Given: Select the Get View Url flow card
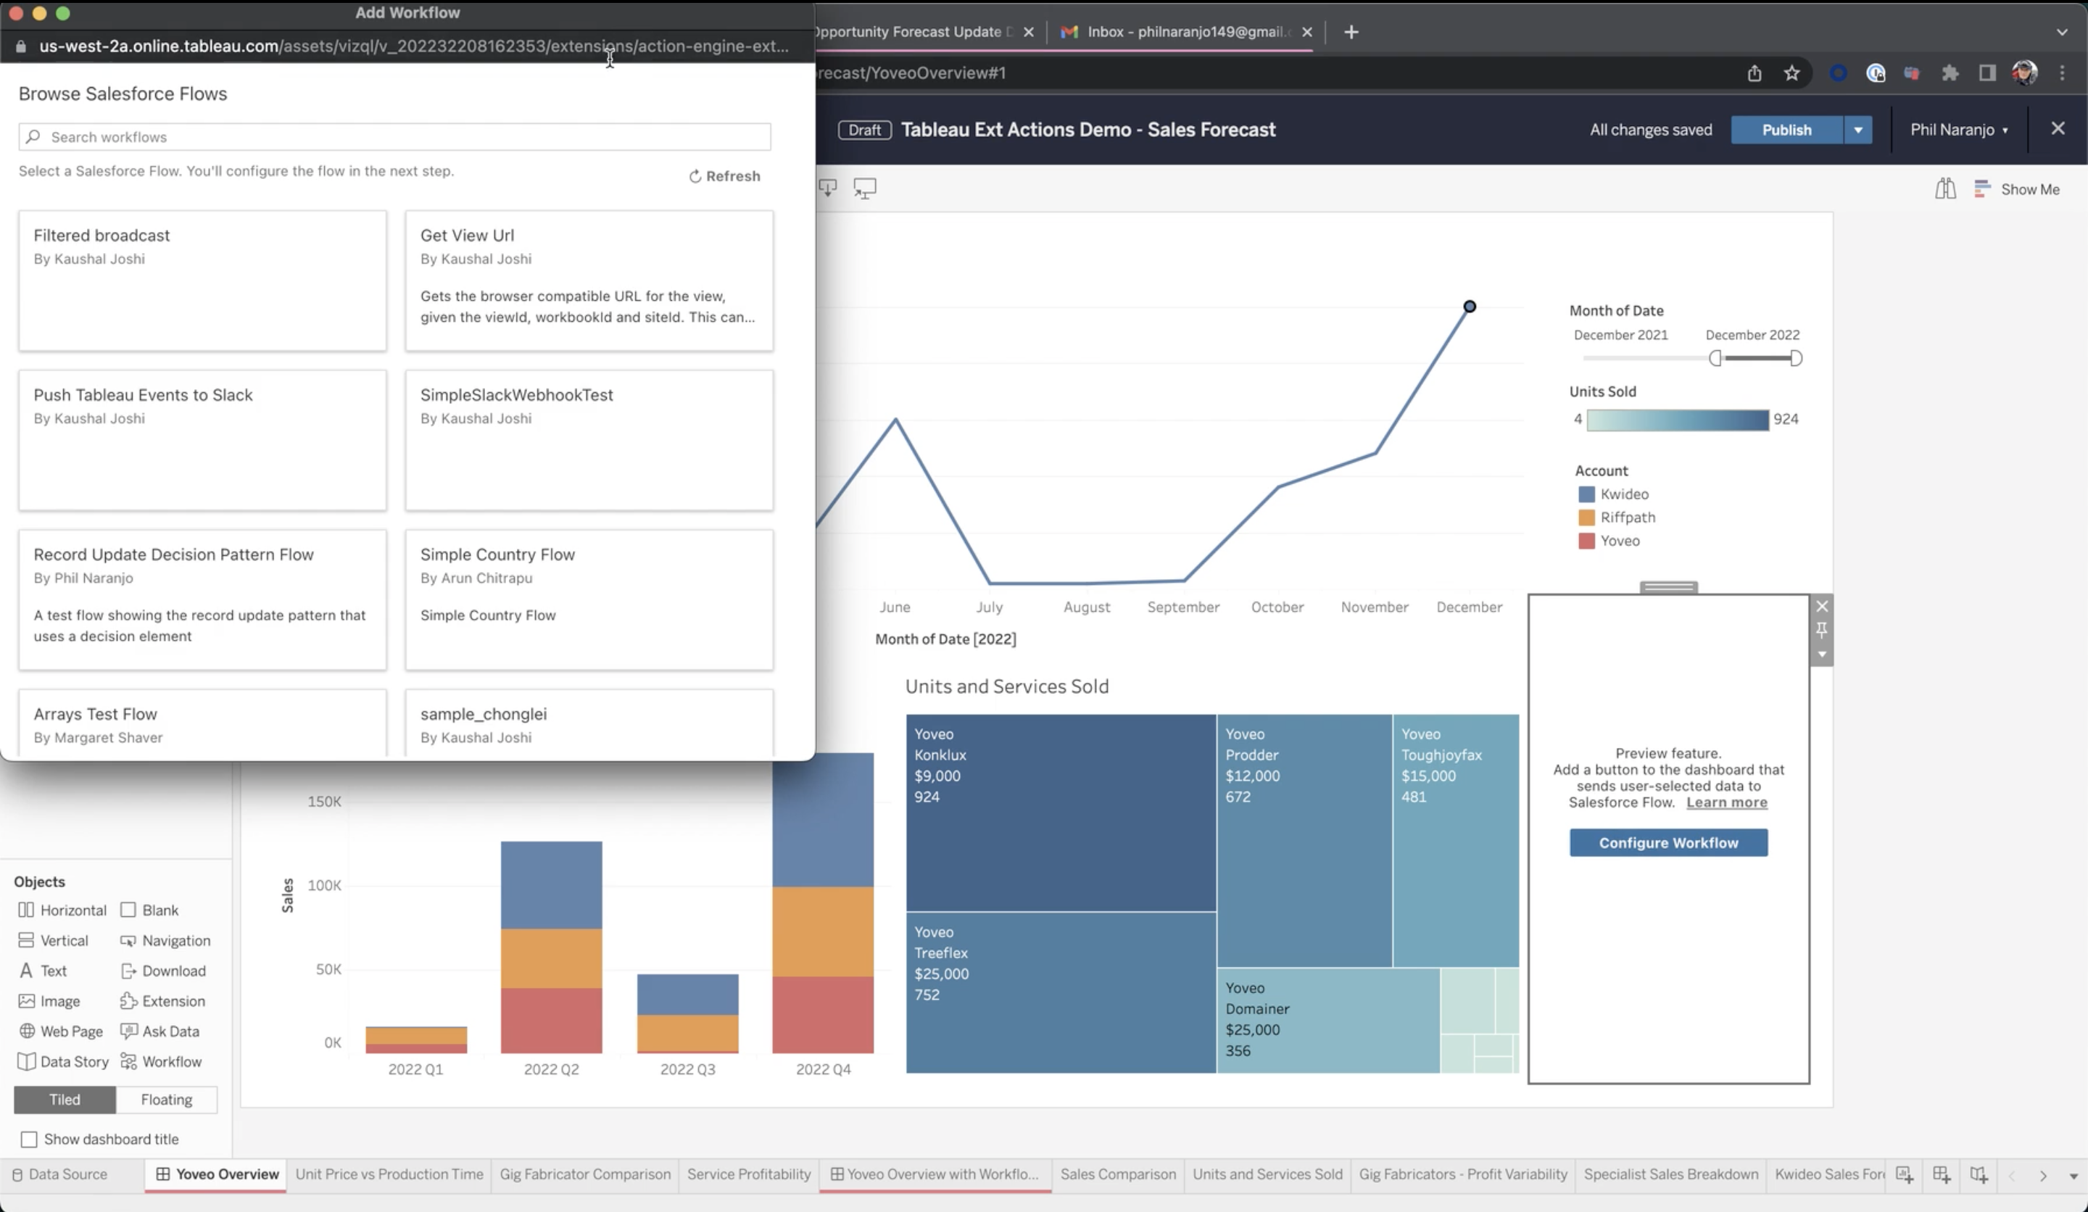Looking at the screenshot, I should (x=588, y=280).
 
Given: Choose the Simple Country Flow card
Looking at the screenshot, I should (x=588, y=599).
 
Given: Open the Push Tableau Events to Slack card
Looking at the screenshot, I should (x=202, y=439).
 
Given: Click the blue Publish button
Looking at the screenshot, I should (x=1786, y=130).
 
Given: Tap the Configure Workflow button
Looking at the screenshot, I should (x=1668, y=842).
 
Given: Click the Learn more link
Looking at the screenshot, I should (x=1726, y=802).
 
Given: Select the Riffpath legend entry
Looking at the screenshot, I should (x=1626, y=517).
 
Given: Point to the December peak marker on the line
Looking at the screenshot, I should (x=1469, y=307).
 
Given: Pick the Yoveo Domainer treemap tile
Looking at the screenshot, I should (x=1327, y=1019).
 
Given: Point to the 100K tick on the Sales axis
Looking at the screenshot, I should (x=324, y=885).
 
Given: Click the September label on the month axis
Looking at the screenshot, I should (x=1182, y=607).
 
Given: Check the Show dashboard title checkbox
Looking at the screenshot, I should (x=29, y=1139).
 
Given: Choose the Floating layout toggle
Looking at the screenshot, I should (x=166, y=1100).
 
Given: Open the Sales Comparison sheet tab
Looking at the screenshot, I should (x=1117, y=1174).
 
